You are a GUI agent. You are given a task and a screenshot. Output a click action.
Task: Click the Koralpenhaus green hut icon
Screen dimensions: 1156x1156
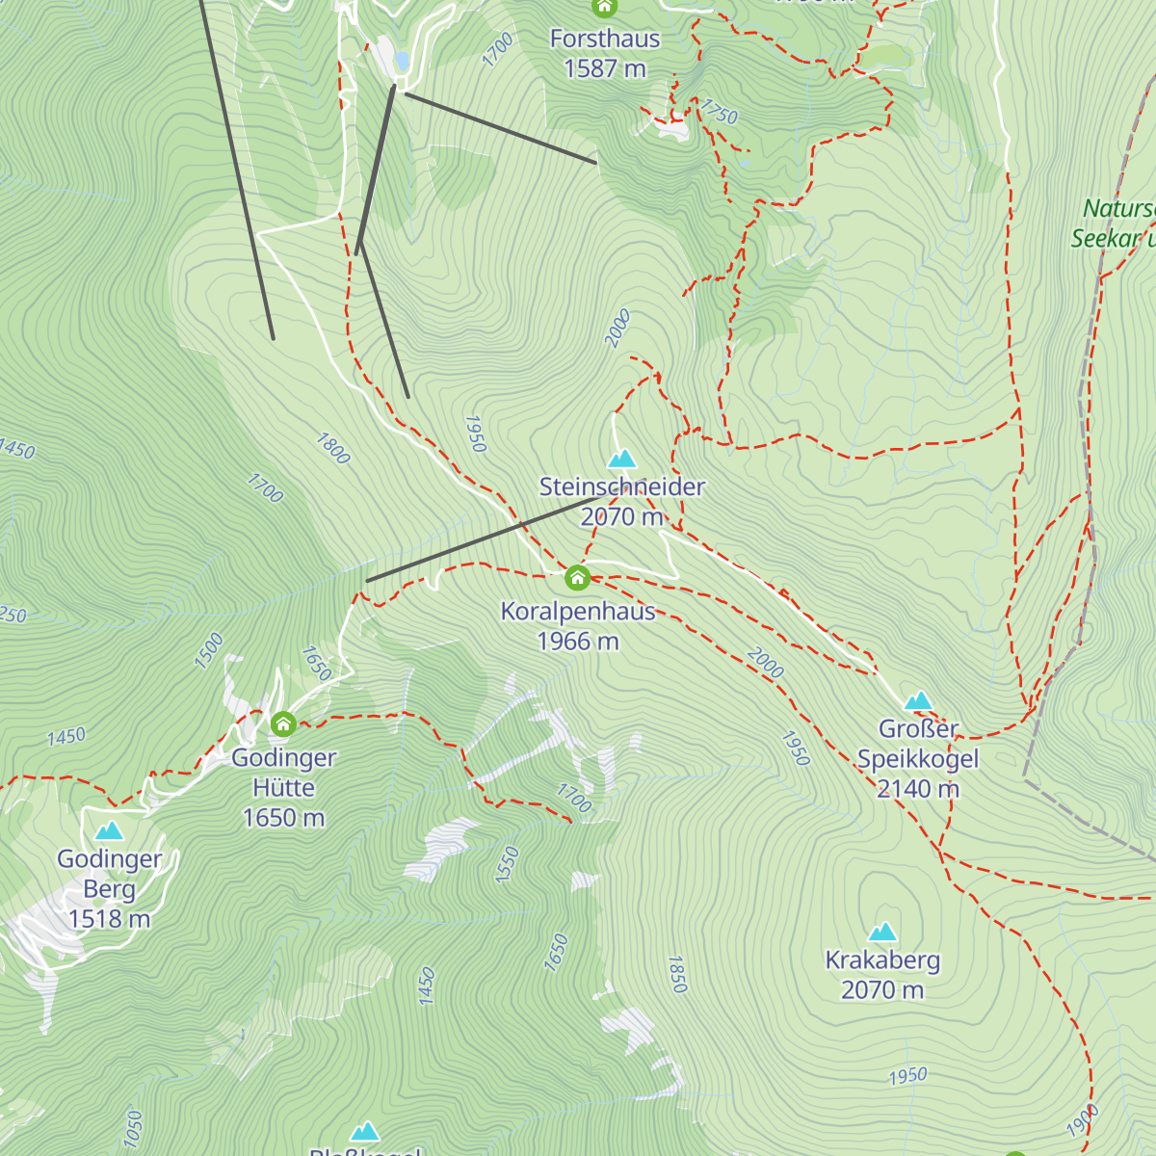pos(577,578)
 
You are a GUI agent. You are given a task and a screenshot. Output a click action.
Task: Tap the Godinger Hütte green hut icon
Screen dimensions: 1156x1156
pos(283,723)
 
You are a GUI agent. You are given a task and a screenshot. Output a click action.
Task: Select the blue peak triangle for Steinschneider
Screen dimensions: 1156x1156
pos(622,459)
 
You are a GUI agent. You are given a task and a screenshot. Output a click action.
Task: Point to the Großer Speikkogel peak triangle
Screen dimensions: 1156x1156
pos(918,700)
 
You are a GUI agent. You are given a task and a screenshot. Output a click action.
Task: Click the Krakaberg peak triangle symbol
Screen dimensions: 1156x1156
pos(882,932)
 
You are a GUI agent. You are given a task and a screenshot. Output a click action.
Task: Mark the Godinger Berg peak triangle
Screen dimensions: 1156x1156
pos(109,830)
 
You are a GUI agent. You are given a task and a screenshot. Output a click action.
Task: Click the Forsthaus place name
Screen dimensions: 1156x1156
pos(605,39)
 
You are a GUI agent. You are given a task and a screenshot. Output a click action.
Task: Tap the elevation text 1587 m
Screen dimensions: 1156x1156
pos(605,69)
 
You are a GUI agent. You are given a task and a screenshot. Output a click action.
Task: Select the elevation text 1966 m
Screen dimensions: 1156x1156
pos(578,642)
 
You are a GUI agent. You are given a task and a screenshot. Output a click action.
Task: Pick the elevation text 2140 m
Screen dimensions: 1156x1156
pos(918,789)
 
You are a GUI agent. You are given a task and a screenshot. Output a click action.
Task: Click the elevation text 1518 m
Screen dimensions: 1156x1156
pos(109,919)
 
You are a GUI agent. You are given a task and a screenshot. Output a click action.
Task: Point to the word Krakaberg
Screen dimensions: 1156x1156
pos(882,960)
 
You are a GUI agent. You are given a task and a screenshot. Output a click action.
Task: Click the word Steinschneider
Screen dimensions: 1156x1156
pos(622,487)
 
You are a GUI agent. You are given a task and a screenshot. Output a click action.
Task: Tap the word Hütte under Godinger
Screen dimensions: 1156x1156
pos(283,788)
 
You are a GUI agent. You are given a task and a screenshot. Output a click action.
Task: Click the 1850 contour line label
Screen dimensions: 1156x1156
pos(677,974)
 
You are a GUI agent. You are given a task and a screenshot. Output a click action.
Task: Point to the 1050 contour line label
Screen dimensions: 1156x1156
pos(133,1129)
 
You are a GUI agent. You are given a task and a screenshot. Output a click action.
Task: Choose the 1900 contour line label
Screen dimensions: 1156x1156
pos(1083,1120)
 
